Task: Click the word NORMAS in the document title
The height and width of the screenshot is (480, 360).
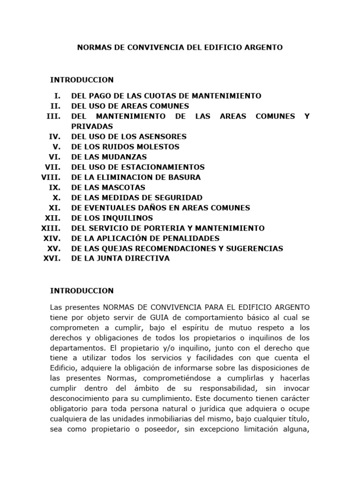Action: click(92, 47)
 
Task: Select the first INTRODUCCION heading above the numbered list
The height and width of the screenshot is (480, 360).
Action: click(82, 80)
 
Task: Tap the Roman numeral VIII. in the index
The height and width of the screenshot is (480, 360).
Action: click(51, 177)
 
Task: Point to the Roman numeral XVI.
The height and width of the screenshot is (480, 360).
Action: click(52, 258)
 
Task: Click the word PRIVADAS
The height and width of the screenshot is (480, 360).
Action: click(92, 126)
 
